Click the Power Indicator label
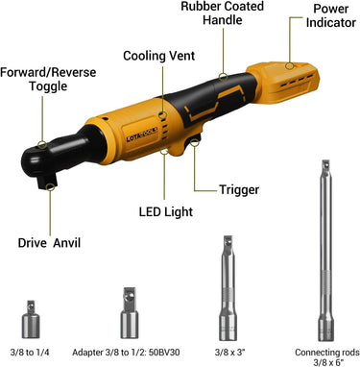tap(331, 15)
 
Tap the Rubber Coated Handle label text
tap(223, 13)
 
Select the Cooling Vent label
tap(158, 56)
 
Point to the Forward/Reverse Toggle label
tap(48, 79)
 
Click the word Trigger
tap(239, 189)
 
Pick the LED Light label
tap(166, 212)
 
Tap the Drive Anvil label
tap(49, 243)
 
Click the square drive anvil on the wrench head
tap(47, 182)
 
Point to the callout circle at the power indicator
tap(290, 66)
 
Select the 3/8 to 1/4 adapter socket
tap(31, 319)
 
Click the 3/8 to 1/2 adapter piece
tap(130, 313)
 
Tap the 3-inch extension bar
tap(228, 288)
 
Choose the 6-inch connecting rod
tap(326, 251)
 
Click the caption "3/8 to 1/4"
tap(30, 353)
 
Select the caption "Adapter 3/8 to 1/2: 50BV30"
tap(126, 353)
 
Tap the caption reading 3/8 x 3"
tap(229, 353)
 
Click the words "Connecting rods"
tap(327, 353)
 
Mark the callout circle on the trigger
tap(194, 142)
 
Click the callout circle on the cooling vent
tap(163, 114)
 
